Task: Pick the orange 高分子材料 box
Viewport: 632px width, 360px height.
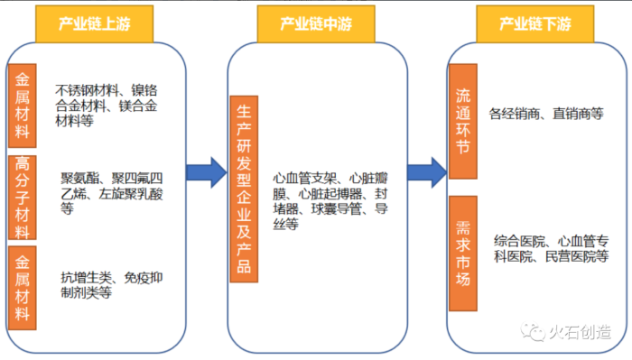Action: click(21, 197)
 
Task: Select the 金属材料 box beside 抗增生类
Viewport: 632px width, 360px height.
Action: click(21, 286)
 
